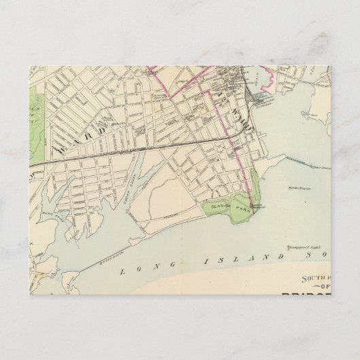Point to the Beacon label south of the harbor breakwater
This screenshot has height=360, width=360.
click(294, 184)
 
